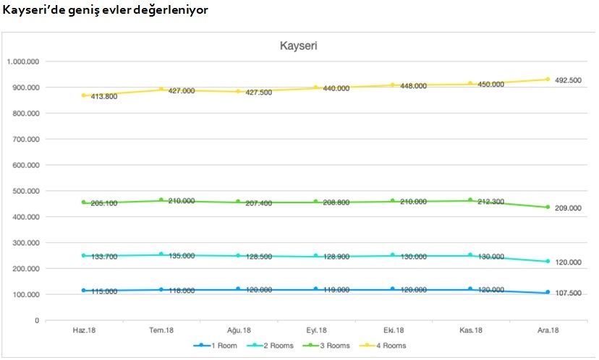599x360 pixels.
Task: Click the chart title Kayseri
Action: click(x=299, y=46)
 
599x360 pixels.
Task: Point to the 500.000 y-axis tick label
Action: click(x=26, y=191)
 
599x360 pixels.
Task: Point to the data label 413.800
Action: click(x=105, y=96)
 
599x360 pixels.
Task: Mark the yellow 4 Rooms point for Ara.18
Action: click(x=548, y=80)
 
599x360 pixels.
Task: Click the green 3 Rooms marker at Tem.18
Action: click(x=161, y=200)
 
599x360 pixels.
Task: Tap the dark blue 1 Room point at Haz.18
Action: click(x=83, y=291)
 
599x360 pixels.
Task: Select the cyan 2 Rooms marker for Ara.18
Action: click(x=548, y=262)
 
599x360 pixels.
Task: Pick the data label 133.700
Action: click(x=105, y=256)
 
